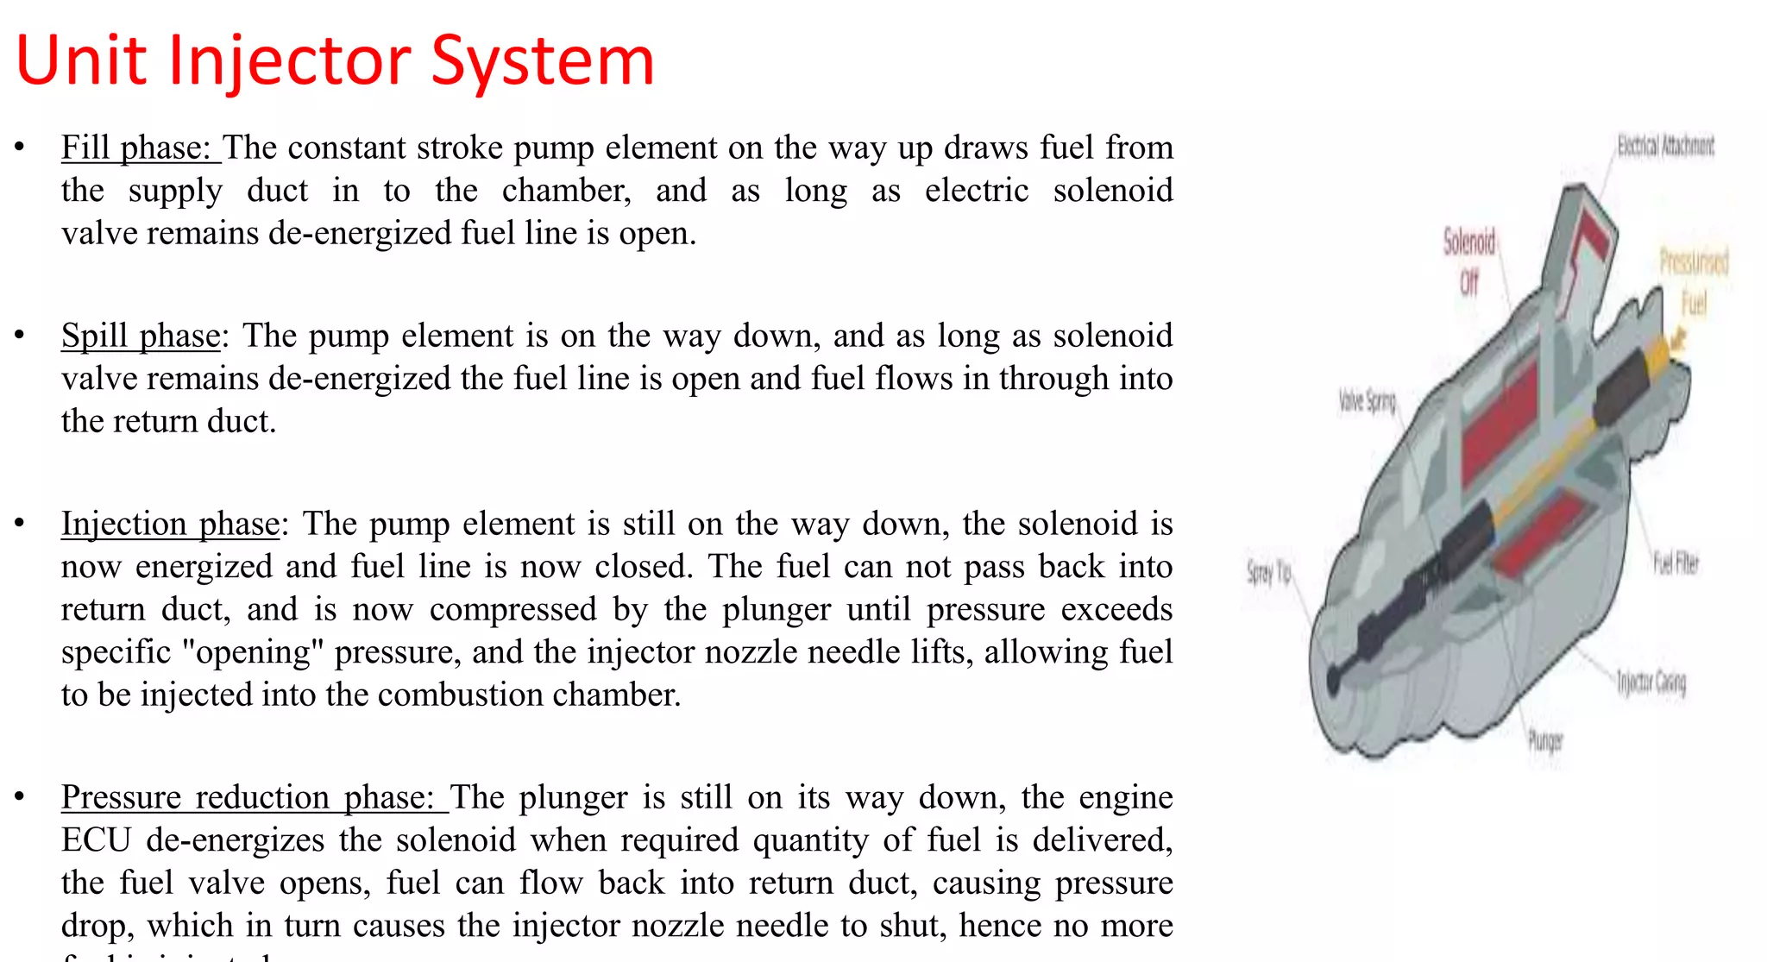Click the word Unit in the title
click(x=82, y=60)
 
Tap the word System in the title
click(x=543, y=62)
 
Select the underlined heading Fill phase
click(x=135, y=148)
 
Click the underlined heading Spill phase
click(x=141, y=336)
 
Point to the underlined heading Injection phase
click(x=170, y=525)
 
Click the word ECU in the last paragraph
click(x=95, y=840)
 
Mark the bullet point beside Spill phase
click(x=19, y=335)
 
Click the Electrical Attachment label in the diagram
click(x=1665, y=146)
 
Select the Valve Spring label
click(x=1367, y=400)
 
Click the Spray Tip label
click(x=1268, y=572)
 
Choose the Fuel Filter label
click(x=1676, y=563)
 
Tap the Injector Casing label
click(x=1651, y=682)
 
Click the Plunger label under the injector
click(x=1544, y=740)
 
